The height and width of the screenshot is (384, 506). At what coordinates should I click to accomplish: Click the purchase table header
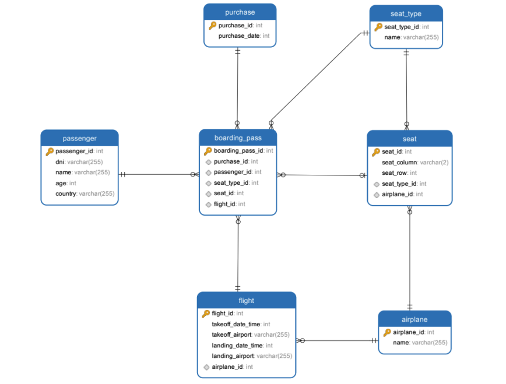[240, 12]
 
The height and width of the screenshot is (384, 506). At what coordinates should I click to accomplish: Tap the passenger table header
[79, 138]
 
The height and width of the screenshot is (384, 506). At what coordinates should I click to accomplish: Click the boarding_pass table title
[238, 138]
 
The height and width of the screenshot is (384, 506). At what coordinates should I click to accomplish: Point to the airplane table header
[414, 319]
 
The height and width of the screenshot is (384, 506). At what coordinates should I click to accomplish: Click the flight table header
[246, 301]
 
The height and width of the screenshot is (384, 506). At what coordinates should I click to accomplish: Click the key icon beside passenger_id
[50, 152]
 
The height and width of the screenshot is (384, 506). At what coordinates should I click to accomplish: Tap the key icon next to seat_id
[376, 152]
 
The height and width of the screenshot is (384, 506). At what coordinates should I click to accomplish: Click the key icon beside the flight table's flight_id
[206, 313]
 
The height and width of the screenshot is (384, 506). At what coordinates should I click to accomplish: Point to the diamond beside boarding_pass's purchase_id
[208, 162]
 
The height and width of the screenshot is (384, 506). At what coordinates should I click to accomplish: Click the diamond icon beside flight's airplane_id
[206, 367]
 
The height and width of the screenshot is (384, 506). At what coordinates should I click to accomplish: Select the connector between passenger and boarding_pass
[157, 174]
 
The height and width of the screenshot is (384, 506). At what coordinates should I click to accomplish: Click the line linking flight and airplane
[338, 340]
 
